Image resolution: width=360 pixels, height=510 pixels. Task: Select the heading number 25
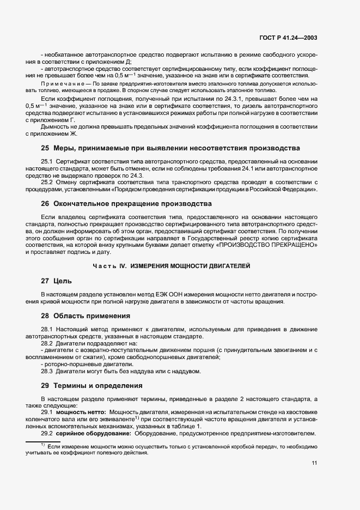46,148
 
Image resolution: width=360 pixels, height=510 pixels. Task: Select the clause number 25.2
47,181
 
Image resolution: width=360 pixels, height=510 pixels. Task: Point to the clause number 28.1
47,329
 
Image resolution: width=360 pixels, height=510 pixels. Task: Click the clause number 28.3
47,372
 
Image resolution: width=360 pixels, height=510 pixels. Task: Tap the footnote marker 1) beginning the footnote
42,445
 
